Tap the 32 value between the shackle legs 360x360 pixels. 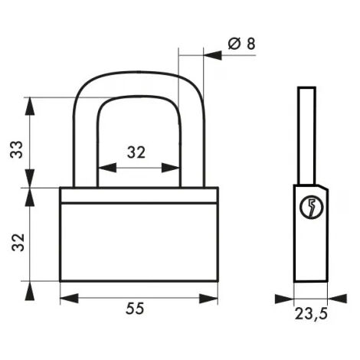tap(136, 152)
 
